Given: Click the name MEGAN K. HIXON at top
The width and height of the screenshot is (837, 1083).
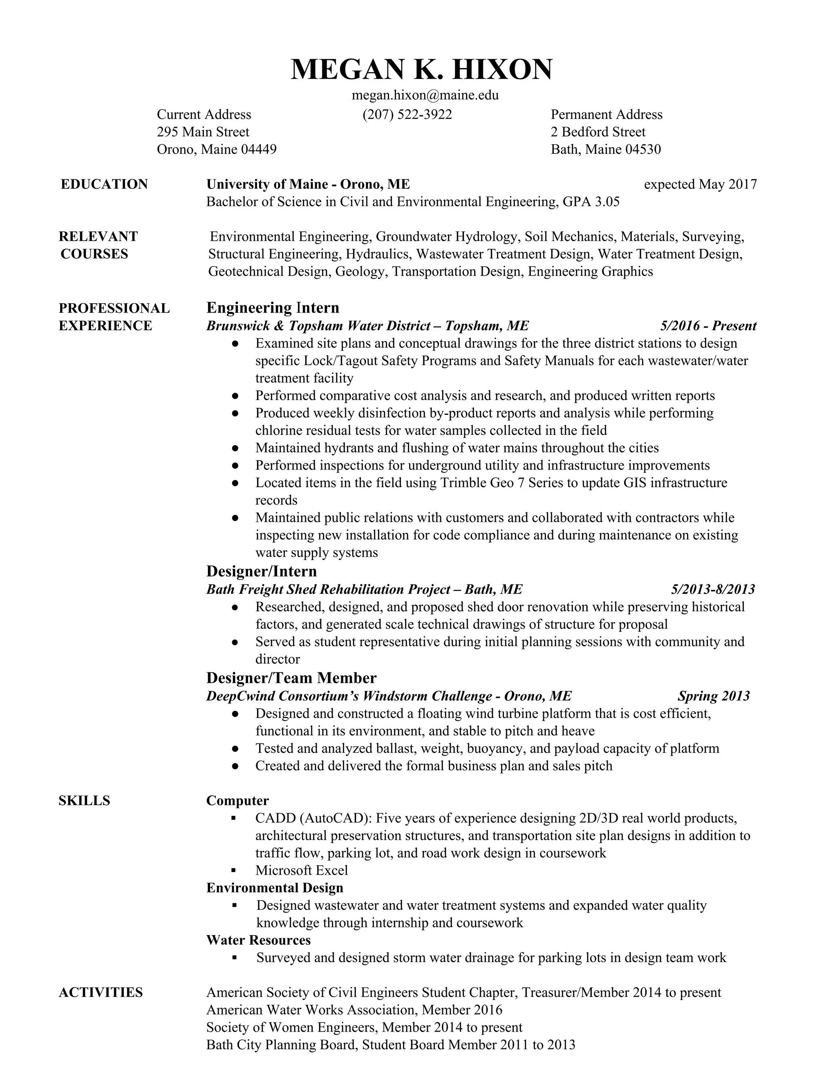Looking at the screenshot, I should pos(421,69).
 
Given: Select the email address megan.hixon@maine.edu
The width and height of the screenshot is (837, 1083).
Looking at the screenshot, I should pos(425,95).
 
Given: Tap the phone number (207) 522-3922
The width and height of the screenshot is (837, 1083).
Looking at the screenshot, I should pos(407,114).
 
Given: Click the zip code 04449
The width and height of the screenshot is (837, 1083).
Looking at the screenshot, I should pos(258,149).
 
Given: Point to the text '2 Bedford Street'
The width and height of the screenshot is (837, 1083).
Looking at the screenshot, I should pos(598,132).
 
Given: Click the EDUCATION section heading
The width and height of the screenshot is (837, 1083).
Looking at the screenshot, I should pos(104,184).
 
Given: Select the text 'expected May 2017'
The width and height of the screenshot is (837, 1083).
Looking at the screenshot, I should pos(700,184).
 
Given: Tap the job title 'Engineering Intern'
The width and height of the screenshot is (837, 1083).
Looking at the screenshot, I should pos(273,308).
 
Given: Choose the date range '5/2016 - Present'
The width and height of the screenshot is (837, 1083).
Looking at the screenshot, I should pos(708,326).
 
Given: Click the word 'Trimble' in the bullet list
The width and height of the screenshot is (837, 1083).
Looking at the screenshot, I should pos(459,483).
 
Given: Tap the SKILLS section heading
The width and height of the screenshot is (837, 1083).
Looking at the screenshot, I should pos(84,801).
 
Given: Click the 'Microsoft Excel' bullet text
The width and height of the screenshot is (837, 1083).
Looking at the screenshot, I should pos(302,870).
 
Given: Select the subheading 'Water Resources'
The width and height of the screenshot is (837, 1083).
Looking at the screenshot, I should pos(258,940).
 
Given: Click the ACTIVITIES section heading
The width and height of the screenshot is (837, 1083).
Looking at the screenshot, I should pos(101,992).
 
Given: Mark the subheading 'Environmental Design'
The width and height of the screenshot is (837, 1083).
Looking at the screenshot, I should pos(275,888).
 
